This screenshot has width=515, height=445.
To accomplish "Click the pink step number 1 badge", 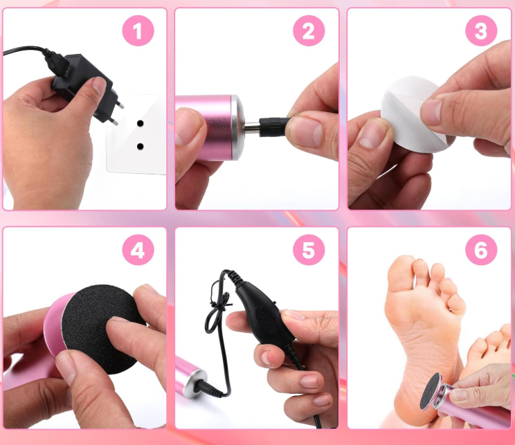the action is tap(138, 30).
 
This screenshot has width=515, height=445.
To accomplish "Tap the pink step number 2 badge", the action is tap(309, 30).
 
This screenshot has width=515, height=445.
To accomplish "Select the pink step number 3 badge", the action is tap(481, 30).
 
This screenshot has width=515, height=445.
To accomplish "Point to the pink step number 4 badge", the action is tap(138, 250).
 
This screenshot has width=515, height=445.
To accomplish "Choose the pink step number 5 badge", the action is tap(309, 250).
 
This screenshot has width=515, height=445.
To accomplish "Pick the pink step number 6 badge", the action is tap(481, 250).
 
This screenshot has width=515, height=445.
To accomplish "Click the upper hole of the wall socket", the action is tap(141, 124).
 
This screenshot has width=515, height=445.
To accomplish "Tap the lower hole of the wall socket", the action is tap(141, 146).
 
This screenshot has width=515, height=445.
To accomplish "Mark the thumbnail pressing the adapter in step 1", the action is tap(98, 85).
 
